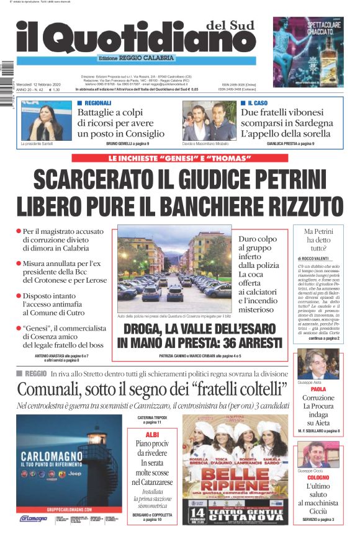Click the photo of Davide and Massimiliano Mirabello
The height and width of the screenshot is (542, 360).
click(209, 121)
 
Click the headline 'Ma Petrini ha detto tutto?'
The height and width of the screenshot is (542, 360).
click(318, 241)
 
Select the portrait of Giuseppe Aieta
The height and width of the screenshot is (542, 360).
click(318, 364)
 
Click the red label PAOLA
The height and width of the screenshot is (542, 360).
click(318, 389)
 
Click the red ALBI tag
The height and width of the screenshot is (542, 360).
click(151, 435)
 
